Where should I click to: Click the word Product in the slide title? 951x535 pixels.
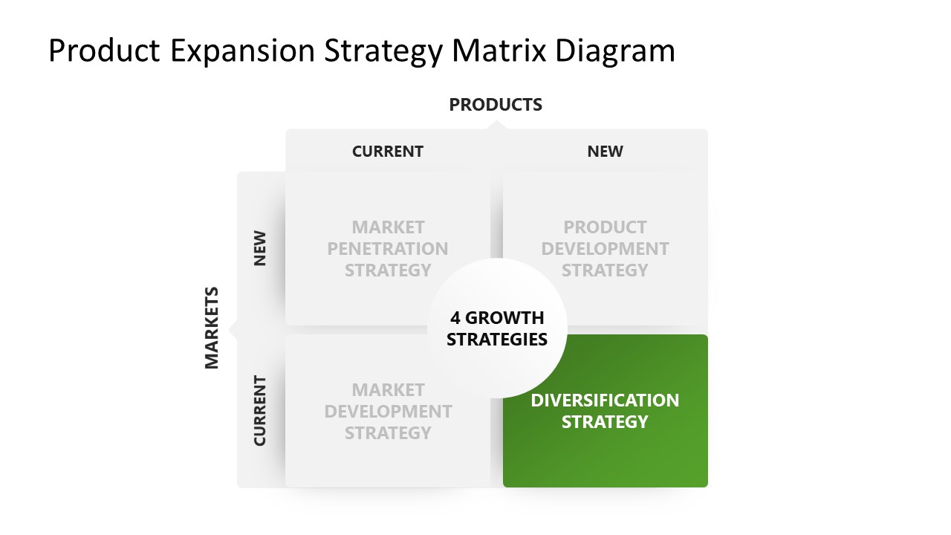coord(104,51)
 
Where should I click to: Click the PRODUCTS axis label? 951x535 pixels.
coord(496,105)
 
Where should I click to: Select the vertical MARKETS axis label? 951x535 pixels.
coord(212,328)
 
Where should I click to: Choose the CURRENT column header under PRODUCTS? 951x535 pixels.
coord(388,152)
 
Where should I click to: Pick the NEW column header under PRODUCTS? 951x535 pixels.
coord(606,152)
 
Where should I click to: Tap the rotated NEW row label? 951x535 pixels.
coord(259,249)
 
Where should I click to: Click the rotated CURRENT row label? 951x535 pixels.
coord(259,411)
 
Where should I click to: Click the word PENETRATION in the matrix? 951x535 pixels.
coord(388,249)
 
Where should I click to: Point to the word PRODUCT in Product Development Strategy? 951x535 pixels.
coord(606,227)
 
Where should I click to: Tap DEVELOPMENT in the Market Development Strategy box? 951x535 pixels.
coord(388,412)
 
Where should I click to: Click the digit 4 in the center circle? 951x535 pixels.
coord(455,318)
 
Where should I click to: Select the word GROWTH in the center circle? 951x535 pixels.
coord(504,318)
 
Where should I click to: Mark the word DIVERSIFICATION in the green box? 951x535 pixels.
coord(605,401)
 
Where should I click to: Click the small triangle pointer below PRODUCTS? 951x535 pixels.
coord(496,125)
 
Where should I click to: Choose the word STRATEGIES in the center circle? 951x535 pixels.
coord(497,340)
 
